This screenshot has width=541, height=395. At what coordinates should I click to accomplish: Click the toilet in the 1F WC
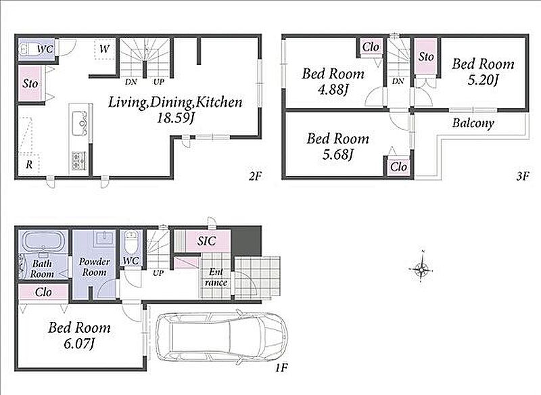coord(131,242)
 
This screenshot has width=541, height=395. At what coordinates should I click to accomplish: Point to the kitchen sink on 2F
coord(79,123)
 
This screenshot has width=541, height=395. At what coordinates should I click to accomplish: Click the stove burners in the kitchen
coord(78,161)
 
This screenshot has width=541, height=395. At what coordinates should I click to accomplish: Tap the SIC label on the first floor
coord(207,241)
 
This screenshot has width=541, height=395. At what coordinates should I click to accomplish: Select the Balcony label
coord(473,123)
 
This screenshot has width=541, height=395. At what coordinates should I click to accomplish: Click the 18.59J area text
coord(175,118)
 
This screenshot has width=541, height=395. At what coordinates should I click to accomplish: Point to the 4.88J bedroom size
coord(333,90)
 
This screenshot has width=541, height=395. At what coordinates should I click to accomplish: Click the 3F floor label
coord(523,177)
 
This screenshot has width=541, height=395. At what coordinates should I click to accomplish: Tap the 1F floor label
coord(281,368)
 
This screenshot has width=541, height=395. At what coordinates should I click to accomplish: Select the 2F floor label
coord(256,177)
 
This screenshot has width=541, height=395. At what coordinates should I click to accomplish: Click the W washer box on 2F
coord(104,49)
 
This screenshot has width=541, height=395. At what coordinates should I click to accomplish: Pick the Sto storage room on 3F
coord(426,56)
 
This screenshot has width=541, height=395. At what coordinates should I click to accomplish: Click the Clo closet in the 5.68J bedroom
coord(398,167)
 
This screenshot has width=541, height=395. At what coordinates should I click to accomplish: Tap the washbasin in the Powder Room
coord(104,238)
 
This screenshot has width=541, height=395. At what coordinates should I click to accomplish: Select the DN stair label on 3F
coord(398,81)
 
